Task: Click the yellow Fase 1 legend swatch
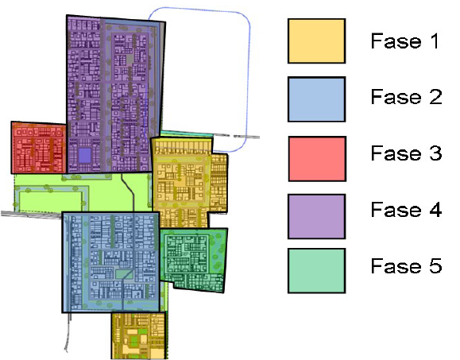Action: pyautogui.click(x=316, y=41)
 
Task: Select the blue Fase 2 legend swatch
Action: pyautogui.click(x=316, y=99)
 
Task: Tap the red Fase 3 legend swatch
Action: pyautogui.click(x=317, y=159)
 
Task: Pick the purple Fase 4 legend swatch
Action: pyautogui.click(x=316, y=216)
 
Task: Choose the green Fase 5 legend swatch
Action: pyautogui.click(x=316, y=271)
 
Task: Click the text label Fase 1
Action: pyautogui.click(x=405, y=41)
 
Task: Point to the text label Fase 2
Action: pyautogui.click(x=406, y=96)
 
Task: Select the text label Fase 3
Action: pyautogui.click(x=406, y=153)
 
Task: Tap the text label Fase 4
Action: pyautogui.click(x=406, y=210)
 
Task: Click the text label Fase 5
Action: pyautogui.click(x=406, y=265)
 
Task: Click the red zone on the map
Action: pyautogui.click(x=38, y=148)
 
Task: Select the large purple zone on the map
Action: pyautogui.click(x=114, y=94)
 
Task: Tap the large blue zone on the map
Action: pyautogui.click(x=111, y=262)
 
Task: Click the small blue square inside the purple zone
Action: pyautogui.click(x=85, y=156)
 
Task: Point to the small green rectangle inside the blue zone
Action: pyautogui.click(x=125, y=274)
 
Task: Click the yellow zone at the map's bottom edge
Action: pyautogui.click(x=138, y=335)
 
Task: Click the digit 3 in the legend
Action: pyautogui.click(x=436, y=153)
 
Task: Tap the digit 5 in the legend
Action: pyautogui.click(x=436, y=265)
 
